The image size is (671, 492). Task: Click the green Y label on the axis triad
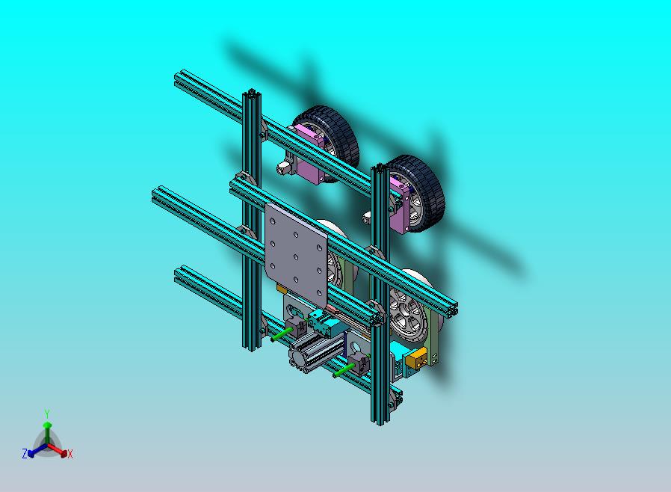point(47,413)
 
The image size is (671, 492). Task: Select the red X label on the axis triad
point(70,455)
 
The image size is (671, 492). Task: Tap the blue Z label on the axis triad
point(25,453)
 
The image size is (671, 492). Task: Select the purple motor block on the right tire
point(402,205)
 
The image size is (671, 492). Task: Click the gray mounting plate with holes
point(296,253)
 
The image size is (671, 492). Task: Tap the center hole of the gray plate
point(296,257)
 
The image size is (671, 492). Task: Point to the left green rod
point(283,334)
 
